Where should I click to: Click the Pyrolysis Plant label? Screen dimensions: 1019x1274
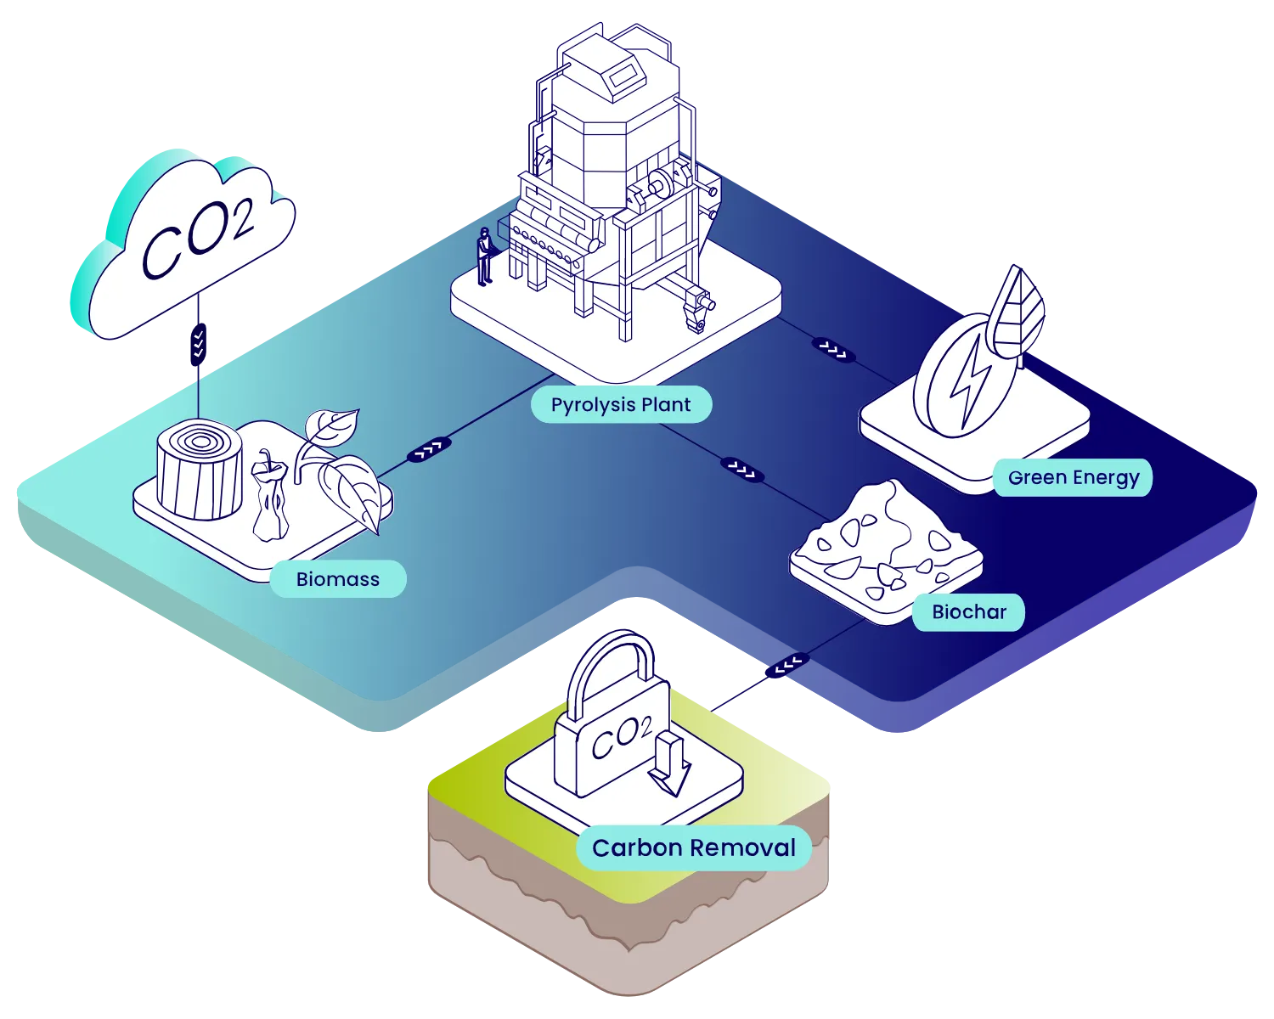pyautogui.click(x=621, y=405)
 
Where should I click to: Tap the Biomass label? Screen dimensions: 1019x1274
pyautogui.click(x=337, y=579)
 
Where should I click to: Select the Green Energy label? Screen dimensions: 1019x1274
pyautogui.click(x=1073, y=477)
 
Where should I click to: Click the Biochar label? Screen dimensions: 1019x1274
pyautogui.click(x=968, y=611)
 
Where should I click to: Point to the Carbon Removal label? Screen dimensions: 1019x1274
pyautogui.click(x=693, y=847)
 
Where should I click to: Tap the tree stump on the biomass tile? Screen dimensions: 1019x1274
pyautogui.click(x=200, y=471)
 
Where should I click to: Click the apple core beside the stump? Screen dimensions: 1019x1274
pyautogui.click(x=270, y=501)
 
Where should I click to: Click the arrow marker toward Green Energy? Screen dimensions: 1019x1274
pyautogui.click(x=833, y=347)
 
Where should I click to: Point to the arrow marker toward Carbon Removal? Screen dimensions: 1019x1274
pyautogui.click(x=786, y=664)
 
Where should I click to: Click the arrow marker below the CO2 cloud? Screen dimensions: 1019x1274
pyautogui.click(x=198, y=343)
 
